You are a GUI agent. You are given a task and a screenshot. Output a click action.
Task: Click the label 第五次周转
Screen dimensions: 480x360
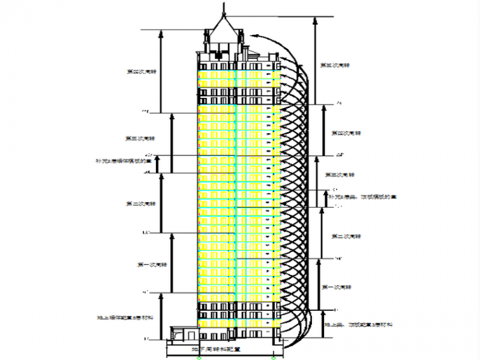click(x=335, y=65)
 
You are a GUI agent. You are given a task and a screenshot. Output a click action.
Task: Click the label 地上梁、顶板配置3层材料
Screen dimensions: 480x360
click(x=359, y=324)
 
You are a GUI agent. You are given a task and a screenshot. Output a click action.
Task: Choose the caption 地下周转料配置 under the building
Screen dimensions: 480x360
click(x=217, y=348)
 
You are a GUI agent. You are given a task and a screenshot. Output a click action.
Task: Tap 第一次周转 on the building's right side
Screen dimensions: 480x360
click(x=337, y=287)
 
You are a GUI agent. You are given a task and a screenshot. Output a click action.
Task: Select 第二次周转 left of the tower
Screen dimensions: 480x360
click(x=141, y=204)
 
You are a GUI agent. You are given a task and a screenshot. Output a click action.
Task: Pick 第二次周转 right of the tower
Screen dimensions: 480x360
click(x=346, y=236)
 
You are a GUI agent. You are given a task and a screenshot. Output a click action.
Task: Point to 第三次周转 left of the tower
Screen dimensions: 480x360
click(x=141, y=138)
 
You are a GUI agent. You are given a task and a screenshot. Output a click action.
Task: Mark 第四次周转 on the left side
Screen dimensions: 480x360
click(x=141, y=71)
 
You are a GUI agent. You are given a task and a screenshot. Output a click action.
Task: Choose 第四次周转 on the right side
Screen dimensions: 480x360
click(x=346, y=133)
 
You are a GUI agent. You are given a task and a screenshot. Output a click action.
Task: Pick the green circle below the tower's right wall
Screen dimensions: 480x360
click(x=273, y=357)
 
